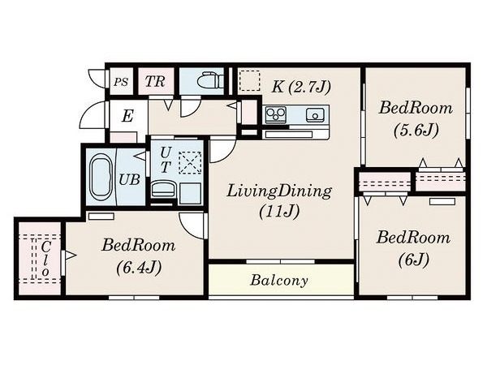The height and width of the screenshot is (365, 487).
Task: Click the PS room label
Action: tap(121, 82)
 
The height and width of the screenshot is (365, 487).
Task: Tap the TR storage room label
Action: tap(155, 81)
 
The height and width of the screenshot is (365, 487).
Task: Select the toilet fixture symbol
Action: tap(211, 80)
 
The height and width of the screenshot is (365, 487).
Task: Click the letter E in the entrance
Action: tap(127, 116)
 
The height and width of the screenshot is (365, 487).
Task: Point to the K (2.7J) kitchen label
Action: tap(301, 87)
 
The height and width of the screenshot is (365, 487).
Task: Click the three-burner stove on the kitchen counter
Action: tap(276, 114)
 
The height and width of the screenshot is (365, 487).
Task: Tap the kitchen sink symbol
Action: tap(315, 115)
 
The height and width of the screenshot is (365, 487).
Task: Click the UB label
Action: tap(130, 179)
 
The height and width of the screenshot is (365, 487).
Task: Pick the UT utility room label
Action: tap(166, 160)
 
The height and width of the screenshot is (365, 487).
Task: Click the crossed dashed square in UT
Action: tap(190, 162)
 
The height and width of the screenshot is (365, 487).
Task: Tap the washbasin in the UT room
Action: tap(164, 190)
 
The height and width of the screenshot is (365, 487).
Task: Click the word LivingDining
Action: tap(279, 191)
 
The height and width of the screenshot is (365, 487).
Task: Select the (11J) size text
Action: tap(279, 212)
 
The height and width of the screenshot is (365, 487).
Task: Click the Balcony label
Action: tap(279, 281)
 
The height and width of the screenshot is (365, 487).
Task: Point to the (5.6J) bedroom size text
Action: tap(416, 130)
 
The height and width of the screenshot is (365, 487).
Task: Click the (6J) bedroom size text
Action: tap(414, 260)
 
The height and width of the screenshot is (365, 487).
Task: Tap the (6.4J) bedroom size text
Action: tap(139, 267)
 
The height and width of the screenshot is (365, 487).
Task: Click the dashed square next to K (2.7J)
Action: tap(250, 80)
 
